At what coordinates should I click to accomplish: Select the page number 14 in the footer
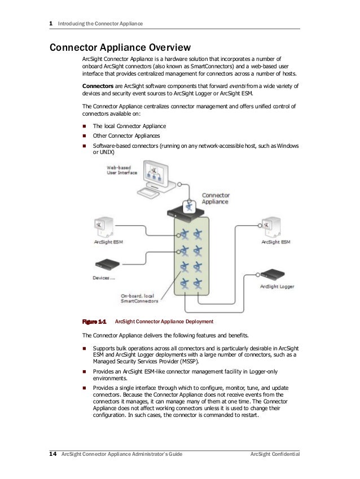coord(53,455)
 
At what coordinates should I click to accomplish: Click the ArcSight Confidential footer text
coord(275,455)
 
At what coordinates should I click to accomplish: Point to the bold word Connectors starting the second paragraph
coord(99,86)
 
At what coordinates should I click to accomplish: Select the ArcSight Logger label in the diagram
coord(276,287)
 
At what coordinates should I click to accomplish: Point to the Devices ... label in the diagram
coord(104,278)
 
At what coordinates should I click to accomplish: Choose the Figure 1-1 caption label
coord(95,322)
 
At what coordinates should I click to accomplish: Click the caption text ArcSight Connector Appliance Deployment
coord(164,322)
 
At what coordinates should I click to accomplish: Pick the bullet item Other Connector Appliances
coord(126,136)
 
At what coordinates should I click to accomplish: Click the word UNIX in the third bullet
coord(106,152)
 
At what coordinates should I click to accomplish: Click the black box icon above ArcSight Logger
coord(275,275)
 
